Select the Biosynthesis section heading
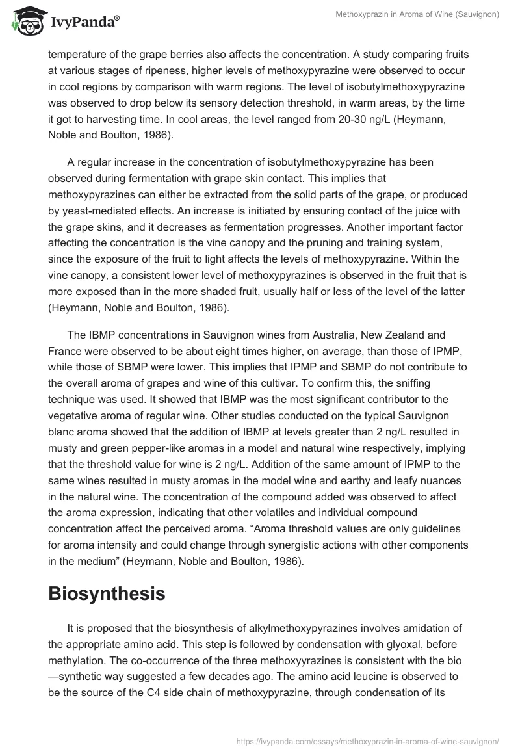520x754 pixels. [107, 593]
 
